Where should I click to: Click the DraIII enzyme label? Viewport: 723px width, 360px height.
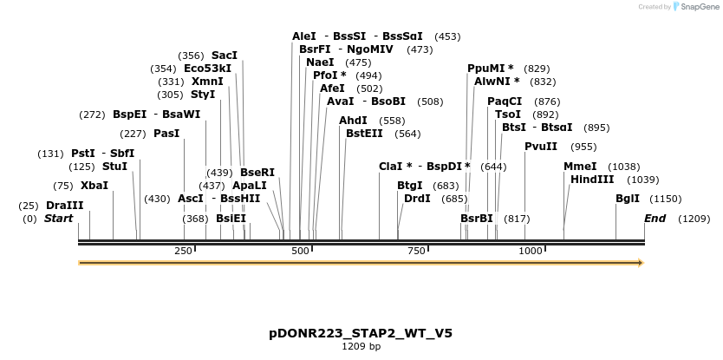tap(65, 206)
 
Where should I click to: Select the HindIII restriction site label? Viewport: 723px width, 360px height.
tap(592, 180)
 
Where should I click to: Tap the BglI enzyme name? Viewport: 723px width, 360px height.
tap(628, 199)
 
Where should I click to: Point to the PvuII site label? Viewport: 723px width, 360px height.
tap(541, 147)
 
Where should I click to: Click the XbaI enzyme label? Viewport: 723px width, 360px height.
tap(94, 186)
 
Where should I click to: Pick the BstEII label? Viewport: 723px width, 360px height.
tap(364, 134)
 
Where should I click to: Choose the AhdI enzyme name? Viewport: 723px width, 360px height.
tap(353, 121)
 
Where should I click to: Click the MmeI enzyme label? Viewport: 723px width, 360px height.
tap(580, 167)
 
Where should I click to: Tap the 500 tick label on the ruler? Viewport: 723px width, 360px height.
tap(300, 252)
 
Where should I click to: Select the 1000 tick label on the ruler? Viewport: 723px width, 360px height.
tap(530, 252)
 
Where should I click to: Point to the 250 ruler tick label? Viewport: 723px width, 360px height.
tap(183, 252)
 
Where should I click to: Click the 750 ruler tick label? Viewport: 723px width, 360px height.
tap(416, 252)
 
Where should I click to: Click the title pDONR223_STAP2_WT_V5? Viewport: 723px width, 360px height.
tap(361, 333)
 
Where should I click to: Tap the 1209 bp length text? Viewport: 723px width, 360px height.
tap(361, 347)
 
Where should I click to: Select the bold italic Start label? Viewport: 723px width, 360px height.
tap(59, 219)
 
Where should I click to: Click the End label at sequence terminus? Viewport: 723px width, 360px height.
tap(655, 219)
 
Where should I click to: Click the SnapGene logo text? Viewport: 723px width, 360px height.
tap(698, 7)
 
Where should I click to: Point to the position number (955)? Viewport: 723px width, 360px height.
tap(583, 147)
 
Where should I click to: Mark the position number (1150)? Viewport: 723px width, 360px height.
tap(666, 199)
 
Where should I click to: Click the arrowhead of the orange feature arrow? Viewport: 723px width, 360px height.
tap(641, 262)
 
